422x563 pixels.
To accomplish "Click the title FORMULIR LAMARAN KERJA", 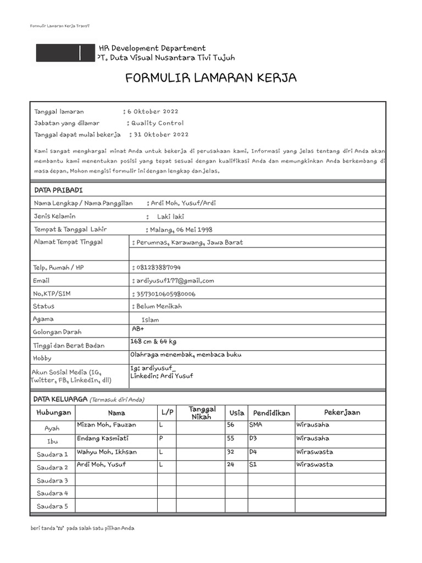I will click(211, 79).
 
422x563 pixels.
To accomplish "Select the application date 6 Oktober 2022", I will click(153, 112).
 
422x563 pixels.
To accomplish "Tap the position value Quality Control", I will click(157, 123).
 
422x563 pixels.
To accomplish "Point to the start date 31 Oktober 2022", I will click(161, 134).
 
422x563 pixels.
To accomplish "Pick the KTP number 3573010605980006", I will click(165, 294).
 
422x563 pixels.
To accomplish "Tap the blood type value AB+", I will click(137, 329).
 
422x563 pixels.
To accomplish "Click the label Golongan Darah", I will click(58, 332).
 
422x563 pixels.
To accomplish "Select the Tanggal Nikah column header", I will click(202, 412).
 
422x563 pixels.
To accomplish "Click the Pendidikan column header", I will click(271, 413).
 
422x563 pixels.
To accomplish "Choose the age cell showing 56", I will click(231, 425).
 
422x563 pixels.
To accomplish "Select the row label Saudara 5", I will click(52, 506).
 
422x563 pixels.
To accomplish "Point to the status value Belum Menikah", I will click(159, 306).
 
